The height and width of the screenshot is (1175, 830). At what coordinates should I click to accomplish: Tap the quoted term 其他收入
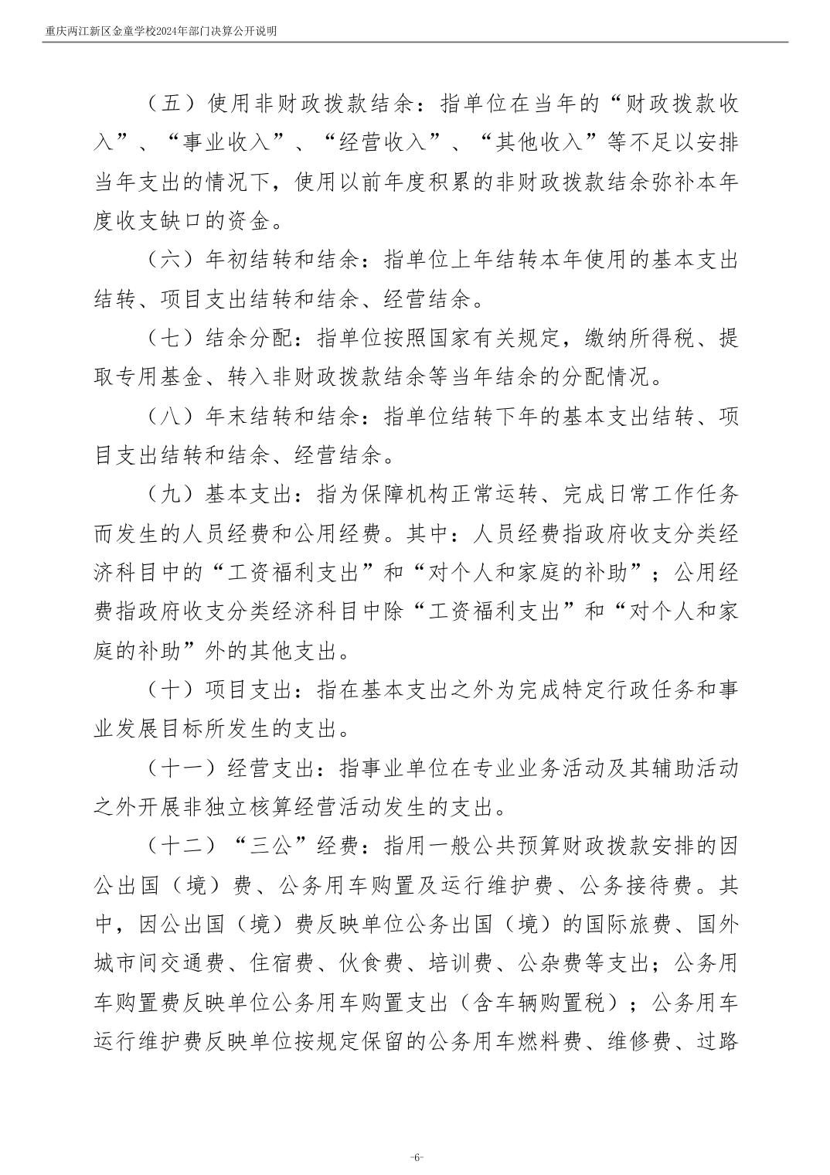[549, 143]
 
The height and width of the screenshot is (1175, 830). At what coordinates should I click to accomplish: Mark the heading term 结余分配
[250, 339]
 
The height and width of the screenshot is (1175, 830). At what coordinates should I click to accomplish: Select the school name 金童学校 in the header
[136, 32]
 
